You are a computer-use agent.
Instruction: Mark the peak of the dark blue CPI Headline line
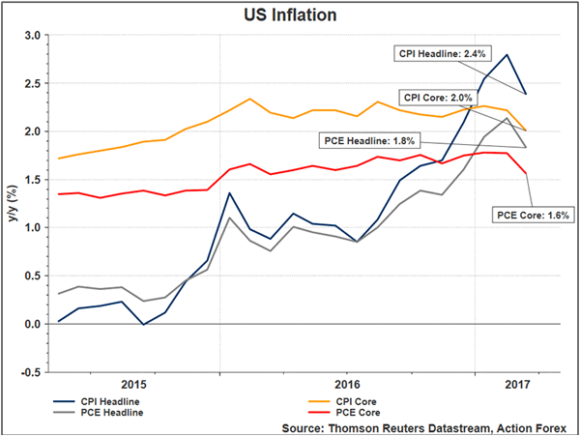pos(507,54)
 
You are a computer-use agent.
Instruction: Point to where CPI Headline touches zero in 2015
pos(144,324)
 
